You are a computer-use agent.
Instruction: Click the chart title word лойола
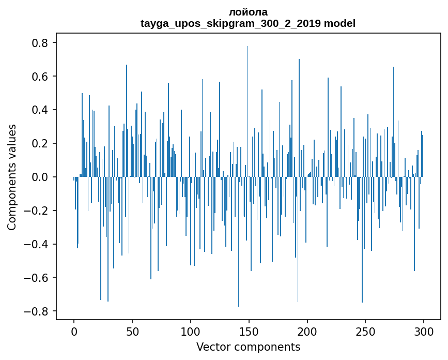click(248, 12)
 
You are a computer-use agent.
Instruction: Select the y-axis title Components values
click(12, 177)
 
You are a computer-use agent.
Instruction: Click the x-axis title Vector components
click(248, 347)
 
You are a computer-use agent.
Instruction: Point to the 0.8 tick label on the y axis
click(39, 43)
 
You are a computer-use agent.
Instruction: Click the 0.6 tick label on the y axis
click(39, 77)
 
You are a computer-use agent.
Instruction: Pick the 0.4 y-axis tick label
click(39, 110)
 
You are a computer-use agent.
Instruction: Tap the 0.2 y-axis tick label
click(39, 143)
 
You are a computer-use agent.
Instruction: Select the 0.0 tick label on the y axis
click(39, 177)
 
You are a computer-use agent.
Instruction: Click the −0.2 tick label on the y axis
click(36, 211)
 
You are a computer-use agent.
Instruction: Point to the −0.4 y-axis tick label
click(36, 244)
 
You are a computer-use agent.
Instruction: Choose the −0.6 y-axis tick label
click(36, 278)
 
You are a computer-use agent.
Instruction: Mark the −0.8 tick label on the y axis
click(36, 311)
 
